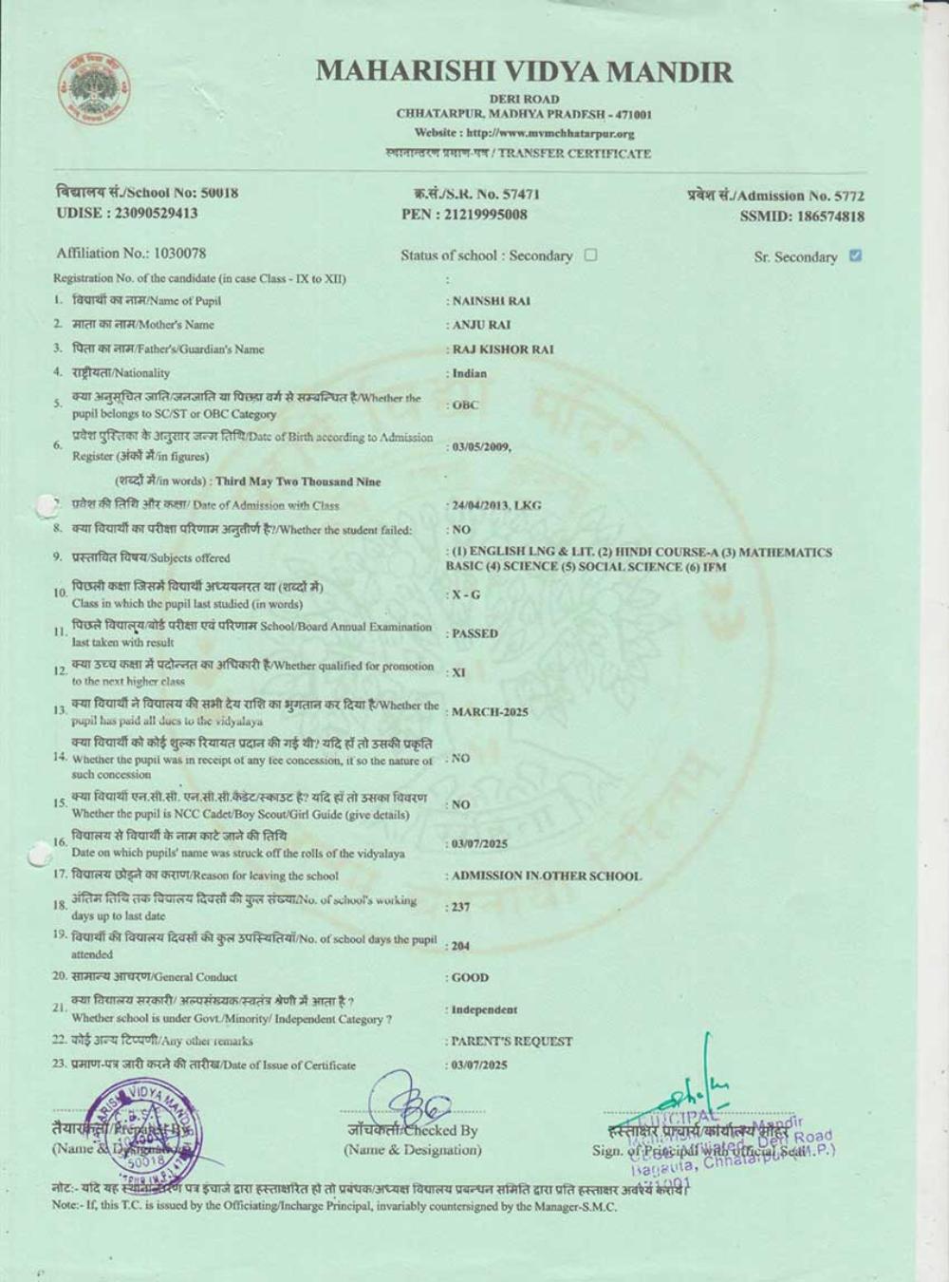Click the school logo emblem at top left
tap(91, 90)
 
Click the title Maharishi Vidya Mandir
tap(524, 71)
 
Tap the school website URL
tap(524, 134)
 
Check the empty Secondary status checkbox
tap(591, 255)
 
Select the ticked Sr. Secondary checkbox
tap(855, 255)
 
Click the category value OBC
tap(466, 405)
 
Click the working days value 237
tap(461, 907)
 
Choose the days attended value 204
tap(461, 946)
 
